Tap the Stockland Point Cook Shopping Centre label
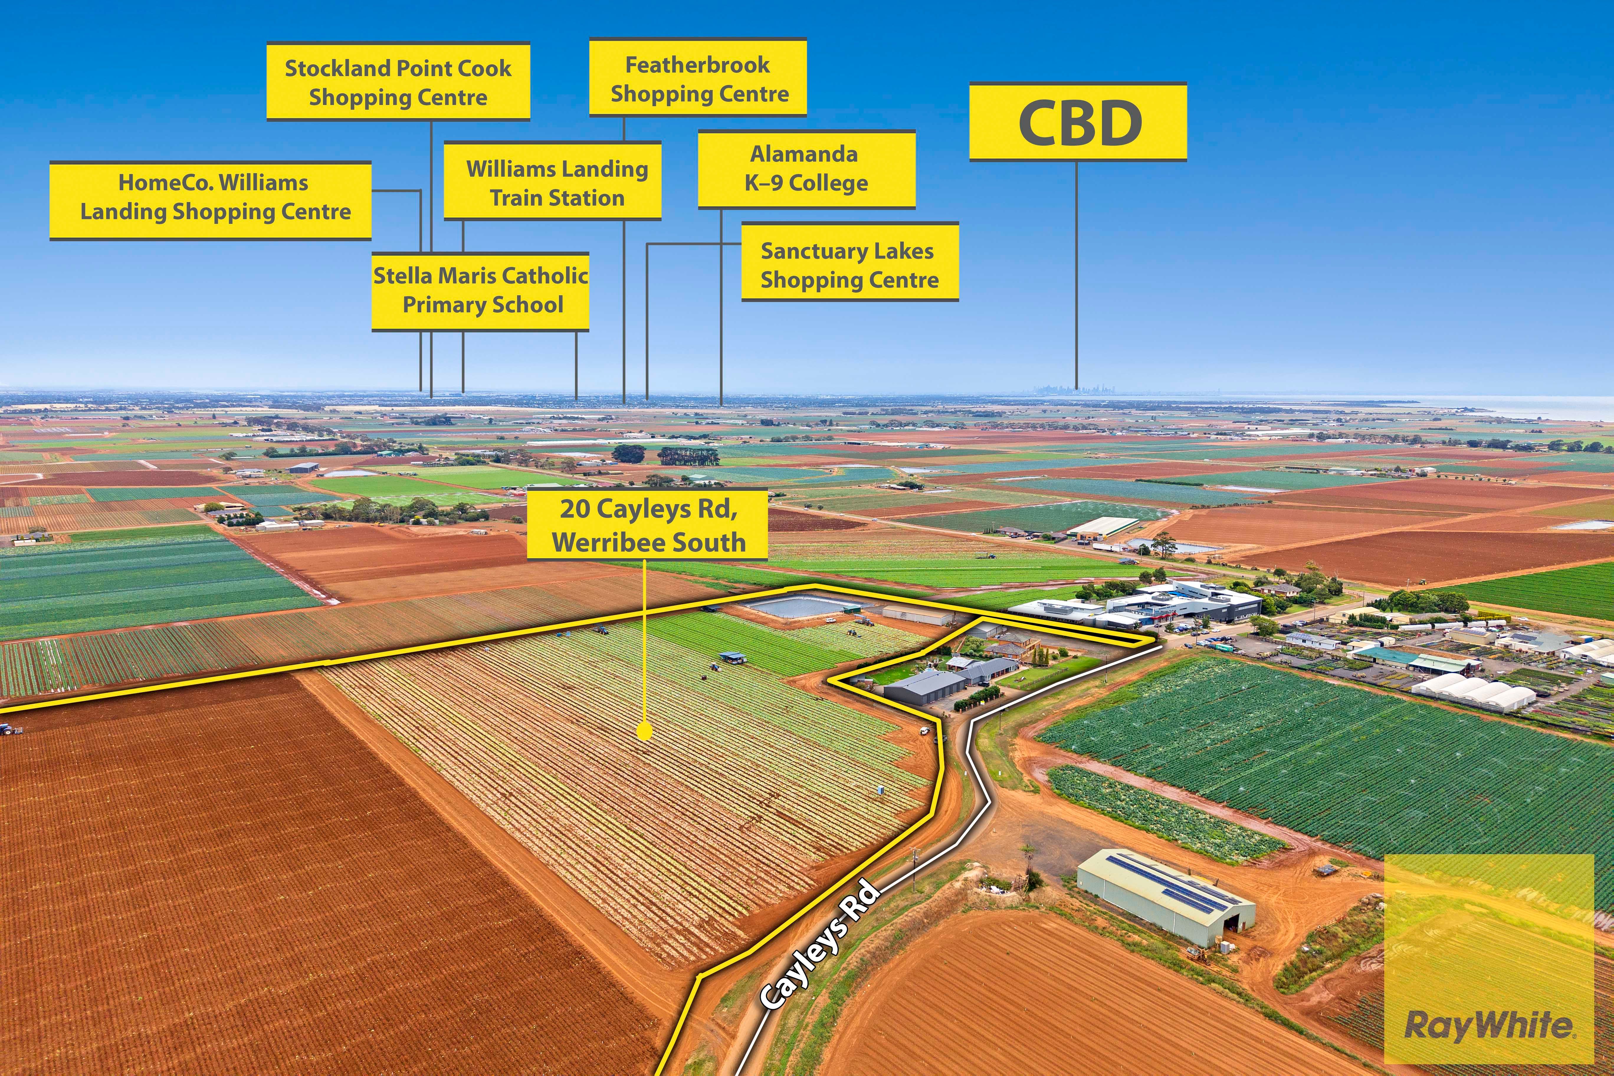398,82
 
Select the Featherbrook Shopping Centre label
698,78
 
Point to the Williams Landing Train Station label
552,182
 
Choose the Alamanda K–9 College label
806,169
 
